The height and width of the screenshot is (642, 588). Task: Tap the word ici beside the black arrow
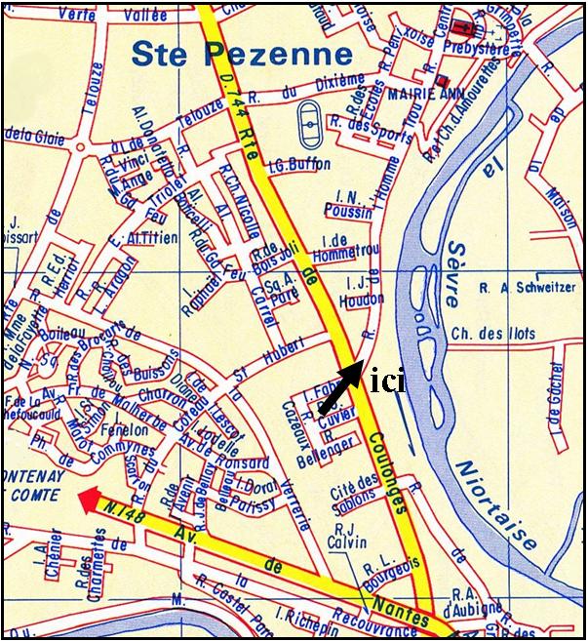click(x=388, y=381)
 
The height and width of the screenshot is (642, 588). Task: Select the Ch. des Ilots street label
click(x=493, y=334)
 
